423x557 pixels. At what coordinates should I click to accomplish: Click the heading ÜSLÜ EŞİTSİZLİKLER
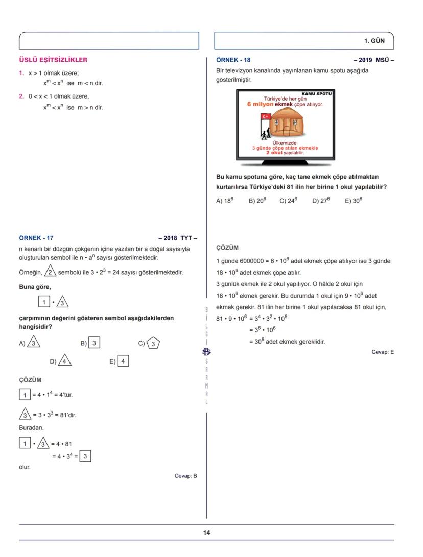pyautogui.click(x=53, y=60)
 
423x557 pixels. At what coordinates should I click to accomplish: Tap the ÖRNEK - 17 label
pyautogui.click(x=36, y=238)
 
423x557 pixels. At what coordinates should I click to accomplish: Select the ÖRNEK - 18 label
pyautogui.click(x=233, y=60)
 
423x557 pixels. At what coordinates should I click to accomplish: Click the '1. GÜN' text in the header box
pyautogui.click(x=374, y=40)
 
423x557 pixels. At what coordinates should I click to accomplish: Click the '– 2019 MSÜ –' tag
pyautogui.click(x=373, y=60)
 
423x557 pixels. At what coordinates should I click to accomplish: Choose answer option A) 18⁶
pyautogui.click(x=225, y=201)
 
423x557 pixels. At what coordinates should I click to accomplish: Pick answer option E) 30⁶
pyautogui.click(x=353, y=201)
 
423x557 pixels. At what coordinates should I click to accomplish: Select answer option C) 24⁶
pyautogui.click(x=288, y=201)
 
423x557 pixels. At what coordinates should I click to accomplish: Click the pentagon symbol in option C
pyautogui.click(x=152, y=344)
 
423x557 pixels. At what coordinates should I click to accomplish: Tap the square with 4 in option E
pyautogui.click(x=123, y=361)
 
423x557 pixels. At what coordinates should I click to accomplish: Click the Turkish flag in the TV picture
pyautogui.click(x=266, y=116)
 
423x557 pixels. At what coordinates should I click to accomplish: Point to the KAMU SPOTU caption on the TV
pyautogui.click(x=317, y=94)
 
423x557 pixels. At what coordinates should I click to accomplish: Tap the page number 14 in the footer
pyautogui.click(x=206, y=533)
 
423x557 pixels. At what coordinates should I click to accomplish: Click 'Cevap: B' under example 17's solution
pyautogui.click(x=185, y=476)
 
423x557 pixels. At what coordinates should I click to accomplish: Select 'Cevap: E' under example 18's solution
pyautogui.click(x=383, y=352)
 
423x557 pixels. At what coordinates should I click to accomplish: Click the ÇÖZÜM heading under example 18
pyautogui.click(x=227, y=248)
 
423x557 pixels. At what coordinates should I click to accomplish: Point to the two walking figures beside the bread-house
pyautogui.click(x=265, y=134)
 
